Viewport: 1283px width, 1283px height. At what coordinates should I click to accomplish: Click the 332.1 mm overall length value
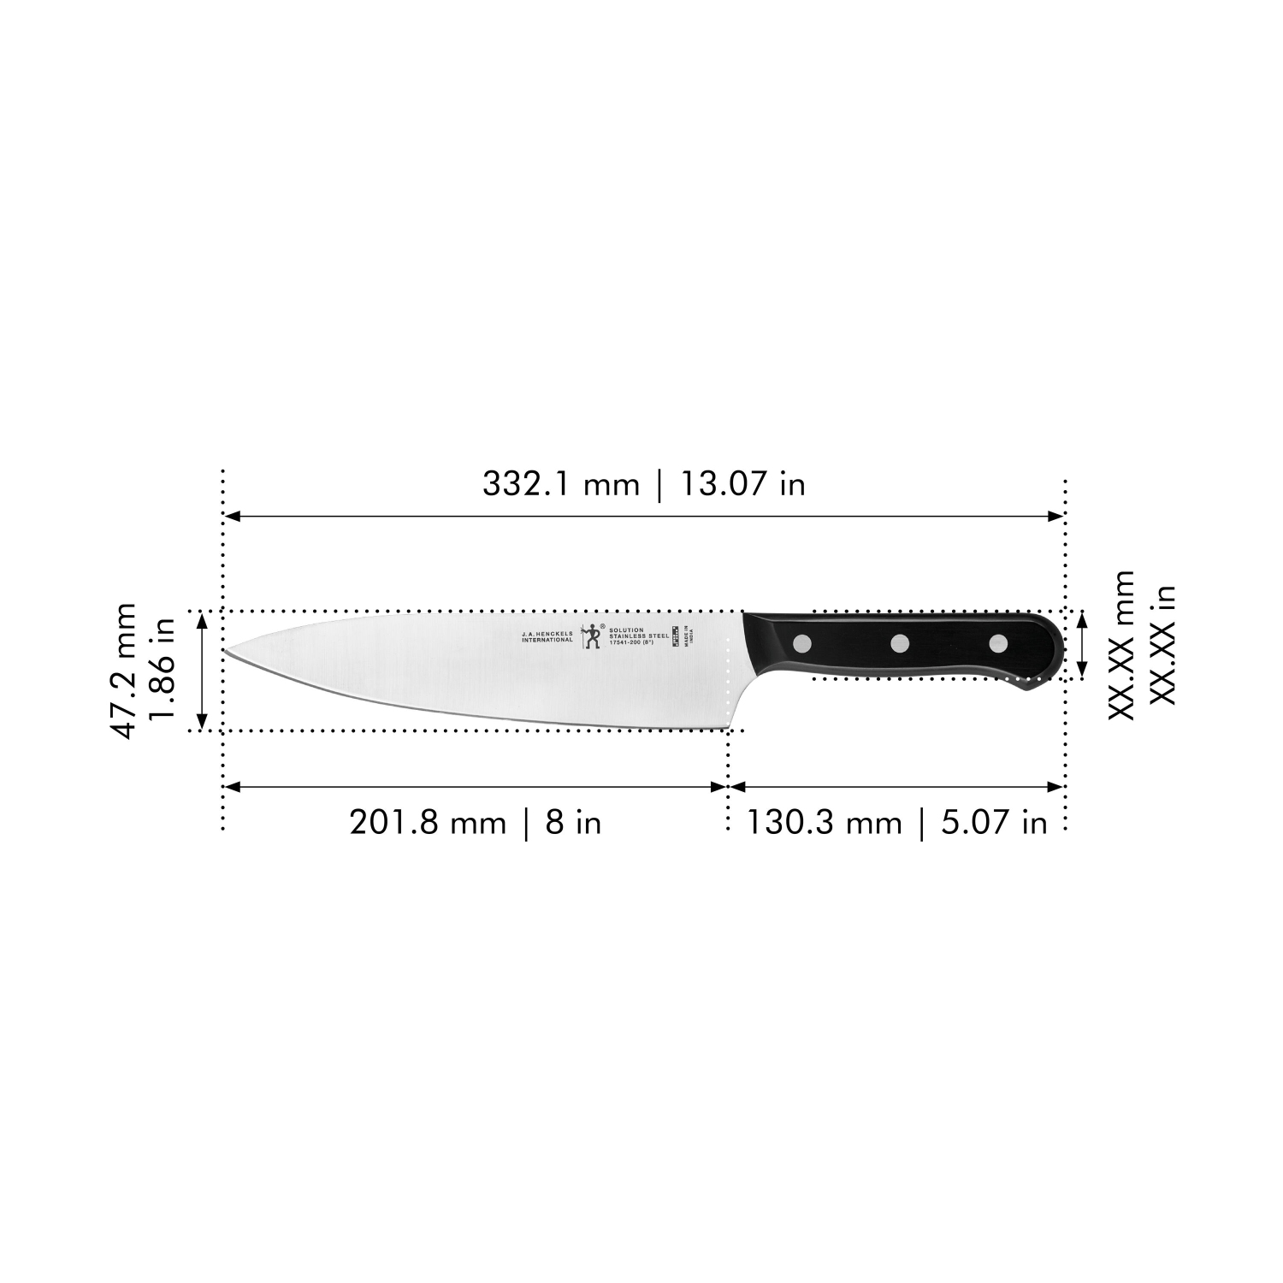click(560, 485)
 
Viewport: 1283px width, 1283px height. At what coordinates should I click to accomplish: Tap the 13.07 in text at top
click(742, 485)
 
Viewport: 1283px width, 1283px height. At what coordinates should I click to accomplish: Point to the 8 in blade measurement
click(573, 823)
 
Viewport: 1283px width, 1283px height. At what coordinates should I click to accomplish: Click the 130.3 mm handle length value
click(825, 823)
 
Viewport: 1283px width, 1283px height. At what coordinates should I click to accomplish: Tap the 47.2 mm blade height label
click(125, 671)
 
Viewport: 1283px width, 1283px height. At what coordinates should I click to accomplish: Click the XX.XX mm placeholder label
click(1121, 646)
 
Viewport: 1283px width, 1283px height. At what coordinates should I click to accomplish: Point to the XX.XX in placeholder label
click(1162, 646)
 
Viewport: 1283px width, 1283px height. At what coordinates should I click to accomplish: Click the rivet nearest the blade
click(803, 642)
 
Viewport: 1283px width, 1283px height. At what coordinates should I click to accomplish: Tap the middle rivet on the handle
click(900, 642)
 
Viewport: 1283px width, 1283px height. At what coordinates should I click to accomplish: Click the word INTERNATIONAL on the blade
click(547, 640)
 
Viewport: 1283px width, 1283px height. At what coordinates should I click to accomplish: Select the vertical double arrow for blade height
click(203, 671)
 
